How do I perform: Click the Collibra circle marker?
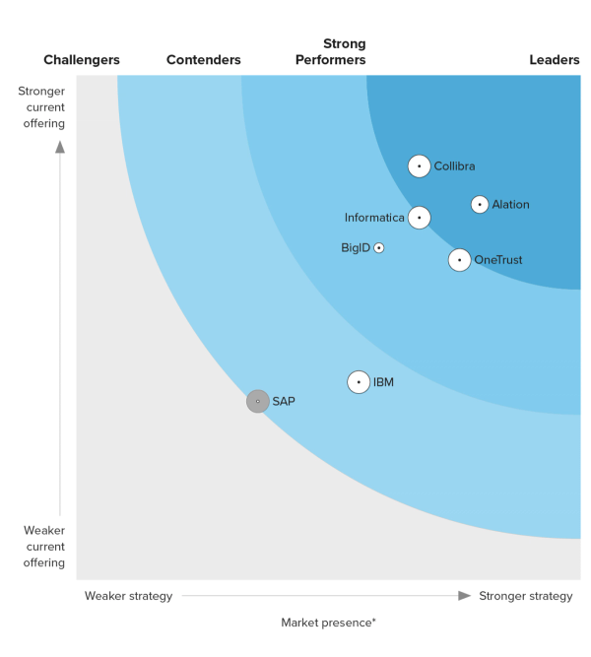click(419, 166)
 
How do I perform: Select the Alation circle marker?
click(480, 205)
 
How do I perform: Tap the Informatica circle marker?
click(420, 218)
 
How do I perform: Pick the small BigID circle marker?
click(379, 248)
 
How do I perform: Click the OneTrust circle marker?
click(459, 260)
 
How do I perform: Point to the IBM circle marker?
click(359, 382)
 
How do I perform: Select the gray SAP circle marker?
click(257, 401)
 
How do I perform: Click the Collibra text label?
click(454, 166)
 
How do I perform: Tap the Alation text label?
click(510, 205)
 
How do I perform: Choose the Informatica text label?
click(374, 218)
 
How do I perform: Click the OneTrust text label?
click(498, 260)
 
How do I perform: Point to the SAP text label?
click(284, 401)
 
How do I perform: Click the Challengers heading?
click(82, 60)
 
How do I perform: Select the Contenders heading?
click(203, 60)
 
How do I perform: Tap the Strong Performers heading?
click(331, 52)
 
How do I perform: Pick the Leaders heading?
click(555, 60)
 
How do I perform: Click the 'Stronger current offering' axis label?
click(41, 107)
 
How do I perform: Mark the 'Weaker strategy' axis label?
click(128, 596)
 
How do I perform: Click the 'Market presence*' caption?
click(328, 623)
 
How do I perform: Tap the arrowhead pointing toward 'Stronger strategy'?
click(465, 595)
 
